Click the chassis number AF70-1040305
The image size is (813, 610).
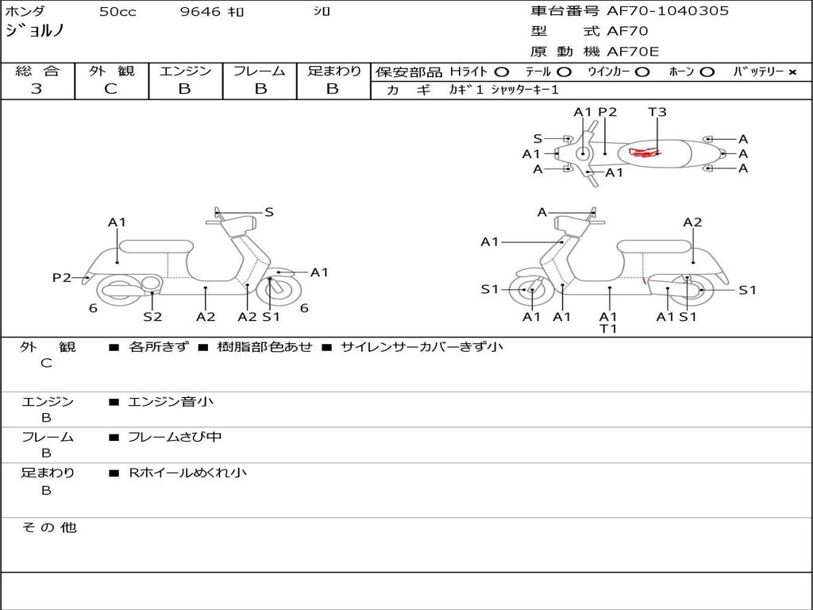pos(667,11)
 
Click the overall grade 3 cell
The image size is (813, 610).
pos(37,89)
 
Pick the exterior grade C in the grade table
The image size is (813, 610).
pos(110,89)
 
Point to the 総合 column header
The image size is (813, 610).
pos(37,71)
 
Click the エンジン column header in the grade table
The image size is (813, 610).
pos(185,71)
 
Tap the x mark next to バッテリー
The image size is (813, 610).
pos(792,72)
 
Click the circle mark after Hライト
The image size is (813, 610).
pos(501,72)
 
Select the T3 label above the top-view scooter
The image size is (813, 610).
pos(657,112)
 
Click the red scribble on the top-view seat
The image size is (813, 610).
pos(645,151)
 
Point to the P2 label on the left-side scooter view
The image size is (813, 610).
pos(62,277)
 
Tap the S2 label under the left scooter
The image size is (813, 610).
pos(152,317)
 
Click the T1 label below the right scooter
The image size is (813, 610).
pos(608,328)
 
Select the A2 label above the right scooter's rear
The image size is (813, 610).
pos(692,222)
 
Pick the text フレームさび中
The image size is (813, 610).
pos(175,437)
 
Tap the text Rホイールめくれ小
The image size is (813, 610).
pos(187,473)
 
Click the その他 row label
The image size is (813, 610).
pos(48,527)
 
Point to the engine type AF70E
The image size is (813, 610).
pos(633,52)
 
